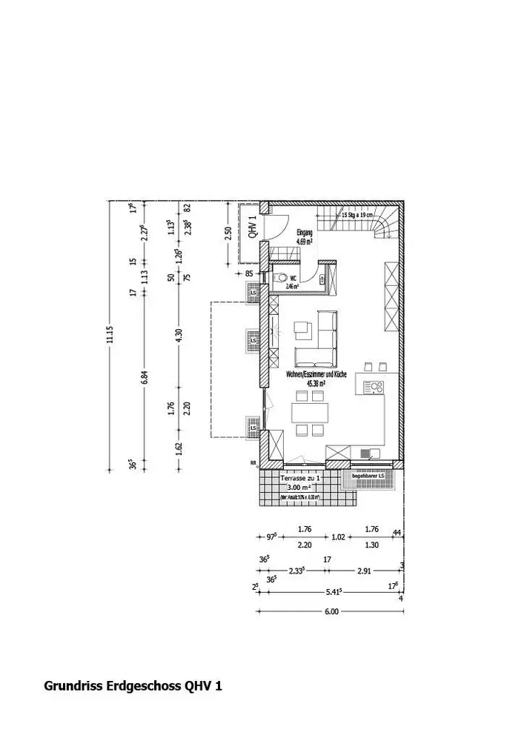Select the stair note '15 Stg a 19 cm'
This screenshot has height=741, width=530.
pyautogui.click(x=357, y=214)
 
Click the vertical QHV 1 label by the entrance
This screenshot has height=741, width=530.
pyautogui.click(x=252, y=227)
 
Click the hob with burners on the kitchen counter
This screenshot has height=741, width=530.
pyautogui.click(x=373, y=386)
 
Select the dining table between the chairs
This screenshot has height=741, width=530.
pyautogui.click(x=310, y=412)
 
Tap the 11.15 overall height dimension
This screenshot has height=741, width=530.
pyautogui.click(x=110, y=336)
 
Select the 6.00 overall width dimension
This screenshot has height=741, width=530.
pyautogui.click(x=331, y=612)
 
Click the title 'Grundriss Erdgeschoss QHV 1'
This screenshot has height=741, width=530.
pyautogui.click(x=133, y=686)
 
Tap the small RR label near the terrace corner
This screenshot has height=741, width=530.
pyautogui.click(x=254, y=465)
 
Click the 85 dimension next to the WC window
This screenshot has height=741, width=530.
pyautogui.click(x=249, y=273)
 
